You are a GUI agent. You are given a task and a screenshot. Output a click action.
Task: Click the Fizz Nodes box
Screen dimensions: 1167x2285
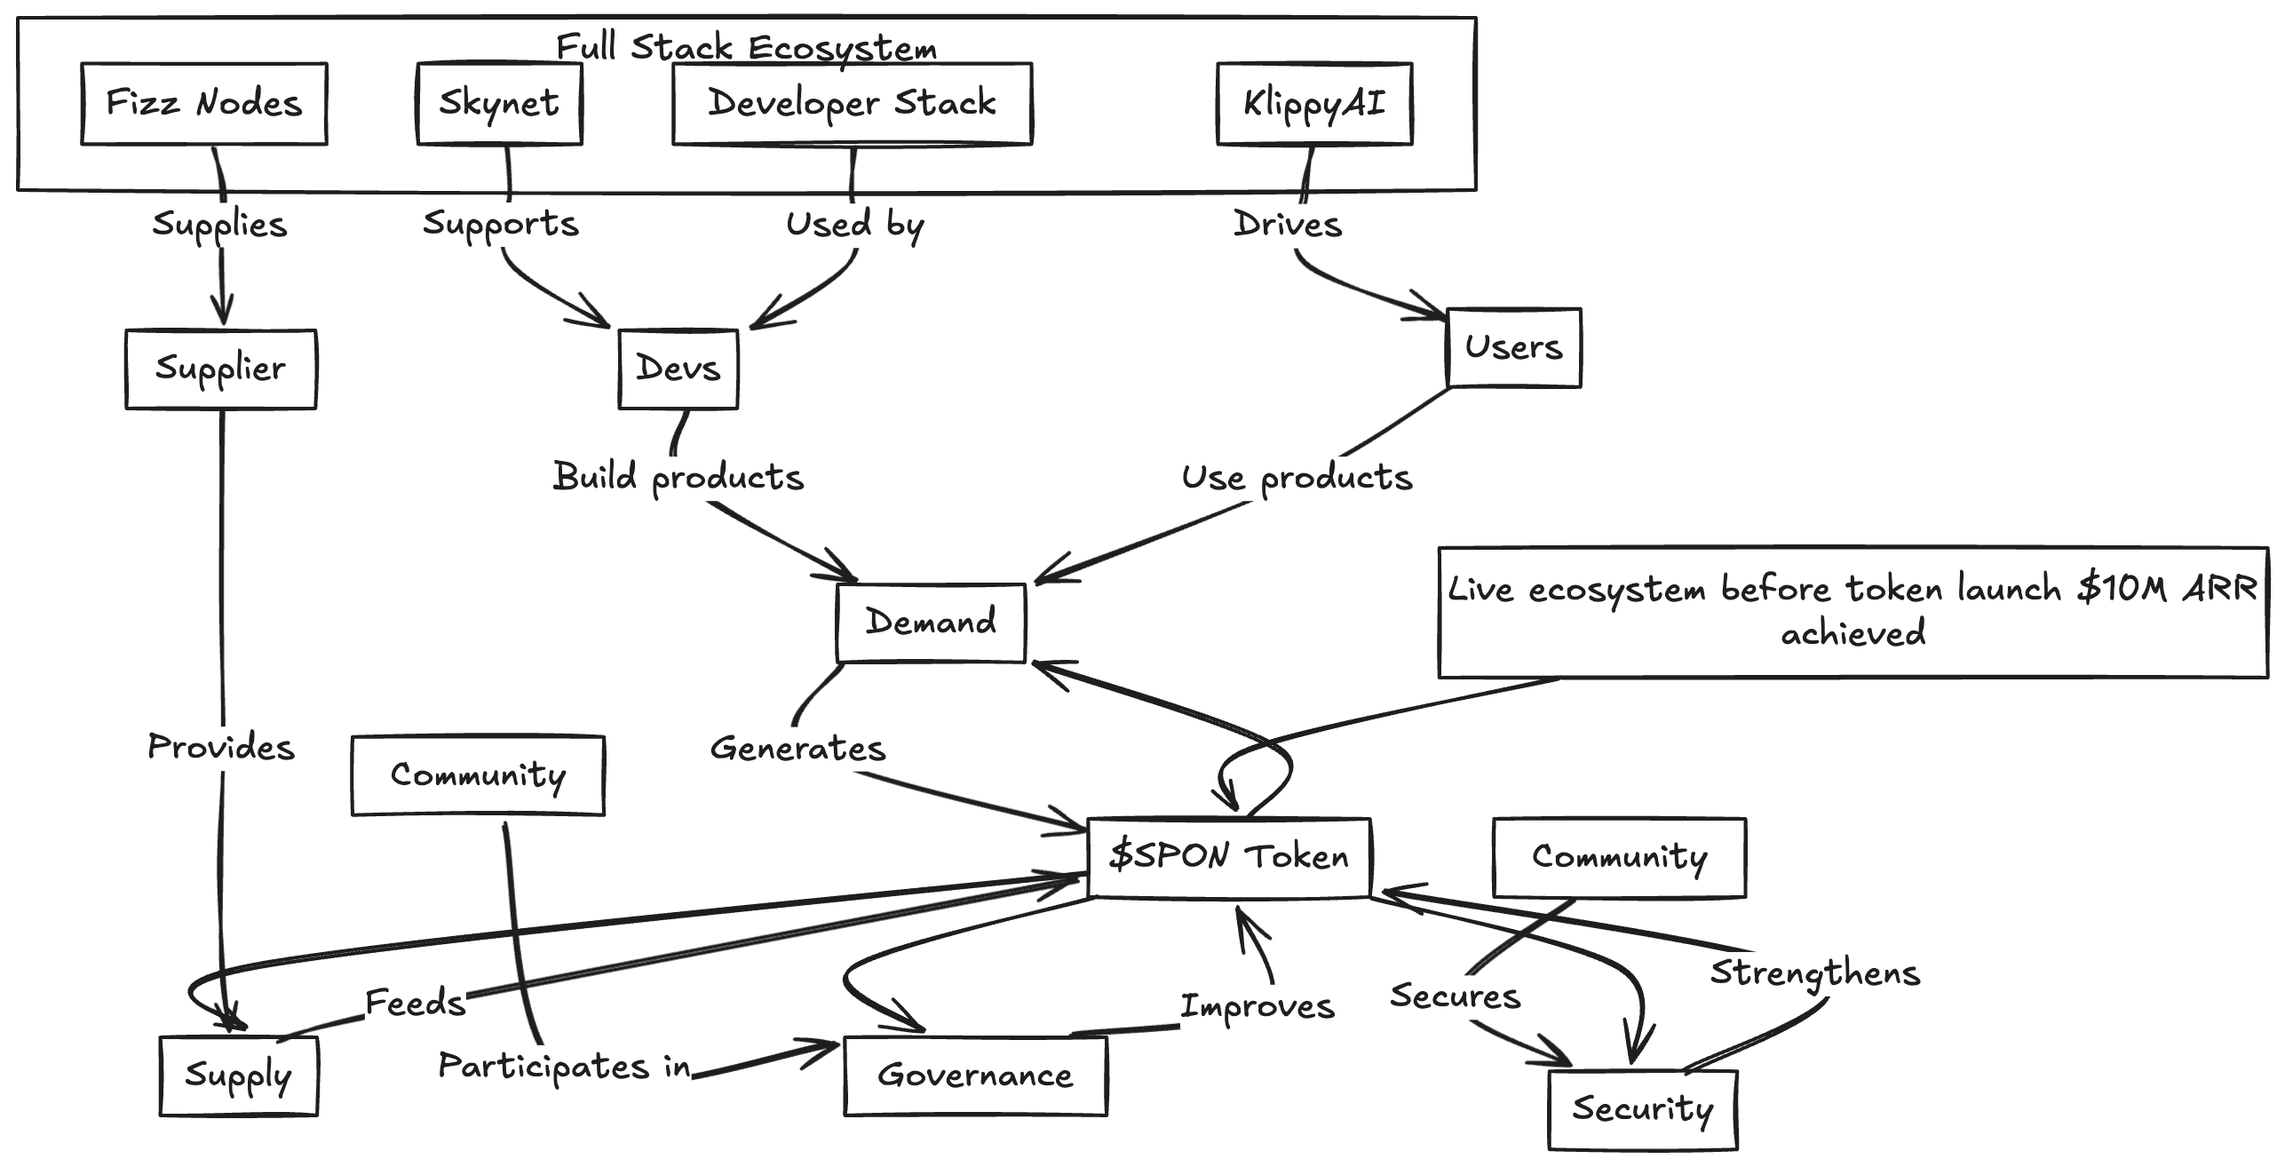tap(204, 104)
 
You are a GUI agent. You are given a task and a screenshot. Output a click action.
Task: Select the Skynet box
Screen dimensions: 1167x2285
tap(499, 104)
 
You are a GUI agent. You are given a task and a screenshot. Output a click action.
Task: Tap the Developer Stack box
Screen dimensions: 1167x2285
tap(852, 104)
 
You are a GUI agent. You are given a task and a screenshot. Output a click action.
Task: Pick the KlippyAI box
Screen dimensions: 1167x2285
tap(1313, 104)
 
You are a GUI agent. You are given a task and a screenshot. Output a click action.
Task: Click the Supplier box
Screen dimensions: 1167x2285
tap(220, 369)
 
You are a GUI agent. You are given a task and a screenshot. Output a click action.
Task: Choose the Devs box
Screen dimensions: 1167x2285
tap(678, 369)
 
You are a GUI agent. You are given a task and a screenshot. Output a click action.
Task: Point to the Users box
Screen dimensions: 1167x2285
tap(1513, 347)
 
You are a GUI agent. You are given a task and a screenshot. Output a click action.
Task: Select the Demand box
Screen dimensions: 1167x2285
tap(931, 622)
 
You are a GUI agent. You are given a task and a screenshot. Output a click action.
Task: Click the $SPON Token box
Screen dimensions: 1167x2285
tap(1229, 857)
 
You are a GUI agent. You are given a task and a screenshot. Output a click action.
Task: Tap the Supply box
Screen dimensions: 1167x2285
tap(238, 1076)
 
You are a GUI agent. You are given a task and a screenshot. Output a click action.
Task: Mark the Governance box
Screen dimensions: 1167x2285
tap(975, 1076)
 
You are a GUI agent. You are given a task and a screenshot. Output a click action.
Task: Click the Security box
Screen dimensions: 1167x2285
tap(1642, 1109)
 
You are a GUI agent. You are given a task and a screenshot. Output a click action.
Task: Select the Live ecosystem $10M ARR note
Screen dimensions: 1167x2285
tap(1853, 612)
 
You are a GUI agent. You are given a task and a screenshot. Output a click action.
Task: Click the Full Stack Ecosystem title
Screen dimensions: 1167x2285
tap(746, 47)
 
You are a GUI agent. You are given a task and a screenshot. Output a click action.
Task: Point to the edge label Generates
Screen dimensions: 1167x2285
tap(797, 749)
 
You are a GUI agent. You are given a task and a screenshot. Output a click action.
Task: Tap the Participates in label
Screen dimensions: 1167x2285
tap(564, 1067)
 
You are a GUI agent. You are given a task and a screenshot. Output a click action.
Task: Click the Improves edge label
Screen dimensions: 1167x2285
tap(1257, 1007)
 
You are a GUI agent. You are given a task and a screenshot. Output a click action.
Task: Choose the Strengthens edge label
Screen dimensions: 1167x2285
tap(1814, 973)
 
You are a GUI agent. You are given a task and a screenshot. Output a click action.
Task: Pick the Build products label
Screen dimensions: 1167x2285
tap(678, 478)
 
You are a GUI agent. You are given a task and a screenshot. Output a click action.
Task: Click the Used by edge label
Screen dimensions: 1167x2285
tap(854, 225)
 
